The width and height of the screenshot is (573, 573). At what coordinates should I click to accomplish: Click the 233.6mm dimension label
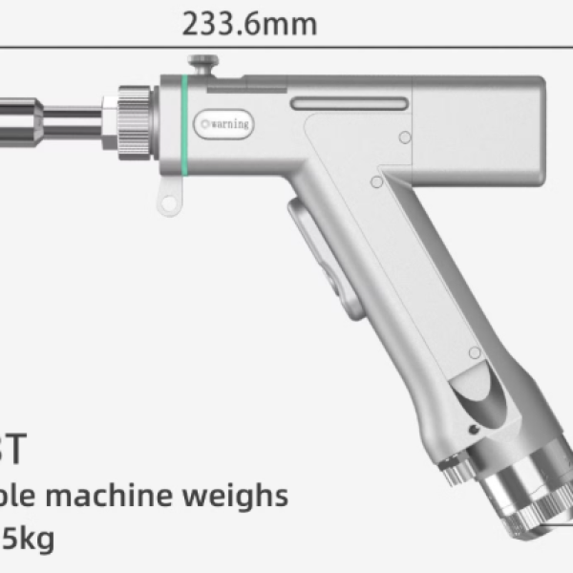pyautogui.click(x=249, y=23)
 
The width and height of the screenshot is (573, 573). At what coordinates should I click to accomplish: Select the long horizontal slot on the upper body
pyautogui.click(x=350, y=103)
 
